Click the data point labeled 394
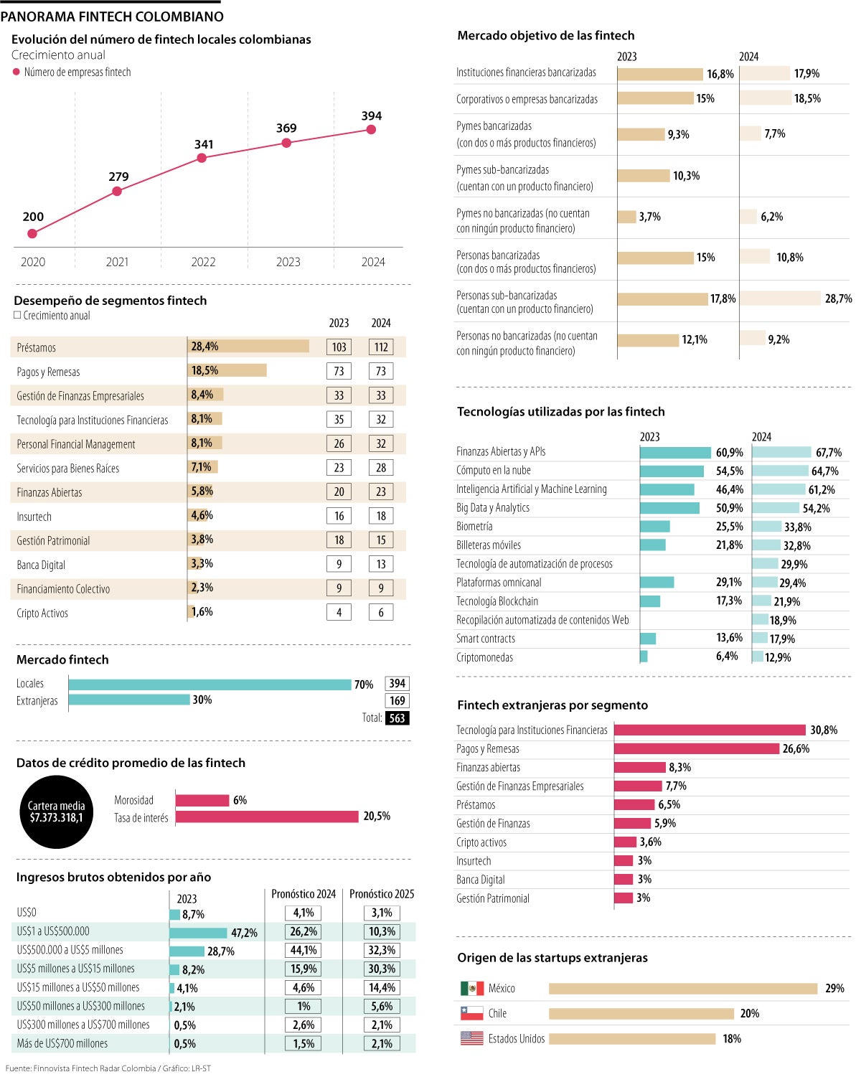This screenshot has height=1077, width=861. click(371, 130)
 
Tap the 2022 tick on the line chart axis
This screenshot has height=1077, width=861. click(203, 262)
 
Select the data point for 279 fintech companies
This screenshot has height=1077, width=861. click(117, 192)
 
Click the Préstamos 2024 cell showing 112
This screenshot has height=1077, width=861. click(381, 347)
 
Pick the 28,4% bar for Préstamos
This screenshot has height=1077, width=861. click(248, 347)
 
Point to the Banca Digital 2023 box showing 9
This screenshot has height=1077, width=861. click(339, 564)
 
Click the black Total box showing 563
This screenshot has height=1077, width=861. click(397, 718)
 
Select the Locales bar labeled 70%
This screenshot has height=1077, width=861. click(210, 685)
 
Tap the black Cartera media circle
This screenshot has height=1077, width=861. click(57, 812)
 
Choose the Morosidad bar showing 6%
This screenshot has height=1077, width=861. click(202, 800)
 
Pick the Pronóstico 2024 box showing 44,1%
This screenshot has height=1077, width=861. click(304, 950)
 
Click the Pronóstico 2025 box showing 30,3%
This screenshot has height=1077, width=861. click(382, 969)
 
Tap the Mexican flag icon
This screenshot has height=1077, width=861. click(472, 989)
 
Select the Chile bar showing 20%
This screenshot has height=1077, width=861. click(641, 1013)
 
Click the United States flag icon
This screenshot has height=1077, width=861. click(472, 1038)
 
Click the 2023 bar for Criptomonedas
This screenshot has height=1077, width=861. click(644, 657)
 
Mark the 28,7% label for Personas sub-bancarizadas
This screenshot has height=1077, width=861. click(838, 298)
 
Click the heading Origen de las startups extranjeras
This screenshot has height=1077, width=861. click(552, 958)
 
